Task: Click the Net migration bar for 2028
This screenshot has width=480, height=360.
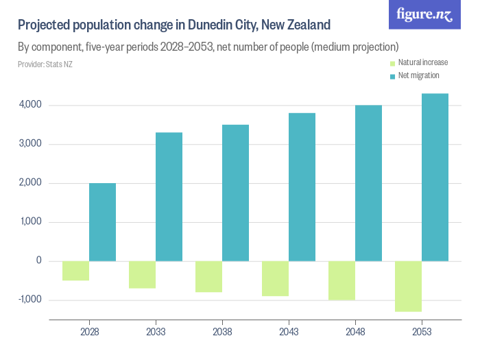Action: coord(102,222)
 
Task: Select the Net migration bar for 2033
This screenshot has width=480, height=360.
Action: coord(169,197)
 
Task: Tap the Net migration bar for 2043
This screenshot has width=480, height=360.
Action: coord(302,187)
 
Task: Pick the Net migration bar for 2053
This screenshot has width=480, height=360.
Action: coord(435,178)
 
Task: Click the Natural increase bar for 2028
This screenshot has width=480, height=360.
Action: coord(75,271)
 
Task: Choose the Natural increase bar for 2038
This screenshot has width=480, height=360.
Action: coord(208,276)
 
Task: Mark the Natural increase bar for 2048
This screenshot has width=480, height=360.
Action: coord(341,280)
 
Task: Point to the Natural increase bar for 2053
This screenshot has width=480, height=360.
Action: coord(408,286)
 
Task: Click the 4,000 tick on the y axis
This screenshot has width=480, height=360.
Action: coord(31,106)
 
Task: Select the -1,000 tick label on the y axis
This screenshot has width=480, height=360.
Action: coord(29,300)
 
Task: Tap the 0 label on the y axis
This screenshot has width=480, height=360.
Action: coord(39,261)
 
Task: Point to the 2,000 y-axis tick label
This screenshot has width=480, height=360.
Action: coord(31,183)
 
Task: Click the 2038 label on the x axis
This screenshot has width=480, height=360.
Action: coord(222,332)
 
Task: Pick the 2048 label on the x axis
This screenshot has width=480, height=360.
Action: coord(355,332)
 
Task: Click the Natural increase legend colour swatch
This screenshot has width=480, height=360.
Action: coord(392,63)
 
